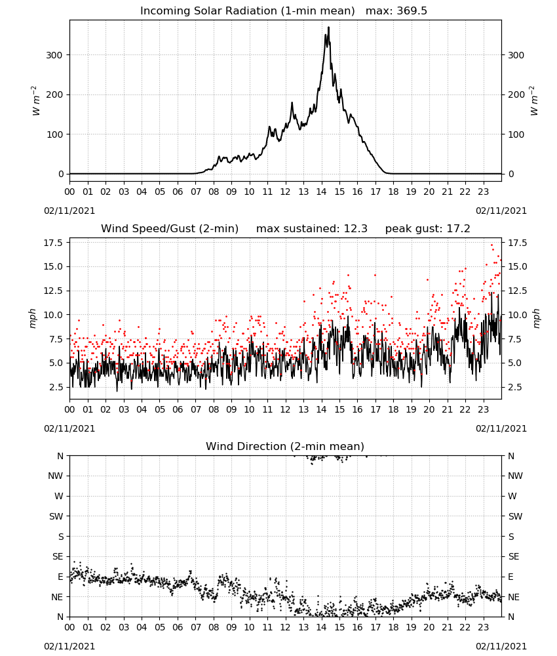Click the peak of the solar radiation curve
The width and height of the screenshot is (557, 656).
point(329,27)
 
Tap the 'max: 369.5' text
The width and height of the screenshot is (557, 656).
point(396,10)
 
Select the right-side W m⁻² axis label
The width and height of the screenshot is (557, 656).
point(535,101)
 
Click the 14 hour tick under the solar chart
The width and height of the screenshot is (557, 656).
point(321,192)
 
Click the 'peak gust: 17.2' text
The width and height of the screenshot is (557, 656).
point(427,229)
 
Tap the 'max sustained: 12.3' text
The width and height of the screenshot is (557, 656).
point(312,229)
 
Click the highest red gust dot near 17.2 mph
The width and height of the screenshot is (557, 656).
point(492,245)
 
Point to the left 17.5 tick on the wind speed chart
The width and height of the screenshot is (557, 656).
point(54,243)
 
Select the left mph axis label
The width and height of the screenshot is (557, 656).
point(33,318)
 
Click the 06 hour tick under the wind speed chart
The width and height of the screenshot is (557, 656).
point(178,409)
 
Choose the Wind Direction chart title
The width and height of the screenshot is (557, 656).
point(285,446)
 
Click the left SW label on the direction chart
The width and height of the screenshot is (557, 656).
point(56,516)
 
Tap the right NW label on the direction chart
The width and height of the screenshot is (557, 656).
point(515,476)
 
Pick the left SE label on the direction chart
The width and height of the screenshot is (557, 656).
point(58,556)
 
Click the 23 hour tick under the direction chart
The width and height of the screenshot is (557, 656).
point(484,627)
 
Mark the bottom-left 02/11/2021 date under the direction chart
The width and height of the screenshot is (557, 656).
point(69,646)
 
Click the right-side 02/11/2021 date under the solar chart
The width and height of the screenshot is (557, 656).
point(501,211)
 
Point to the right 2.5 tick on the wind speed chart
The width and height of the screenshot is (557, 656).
point(514,387)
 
